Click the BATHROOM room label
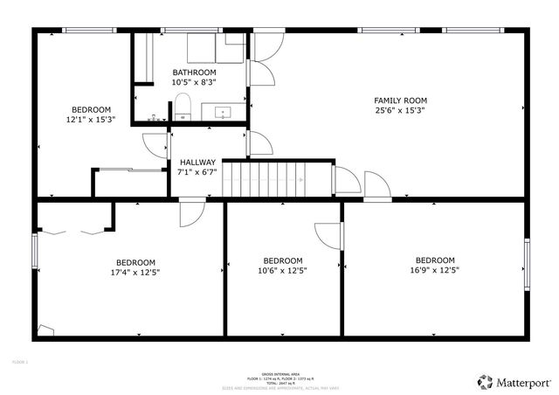click(x=193, y=72)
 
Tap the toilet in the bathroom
click(x=182, y=109)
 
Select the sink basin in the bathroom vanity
click(x=220, y=112)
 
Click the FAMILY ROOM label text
click(x=400, y=100)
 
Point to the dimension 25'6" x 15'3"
click(x=400, y=111)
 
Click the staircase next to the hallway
click(x=262, y=180)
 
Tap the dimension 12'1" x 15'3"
click(x=91, y=120)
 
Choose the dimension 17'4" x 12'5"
click(x=135, y=272)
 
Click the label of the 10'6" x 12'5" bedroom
click(x=283, y=260)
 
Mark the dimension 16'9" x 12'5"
click(x=435, y=271)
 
